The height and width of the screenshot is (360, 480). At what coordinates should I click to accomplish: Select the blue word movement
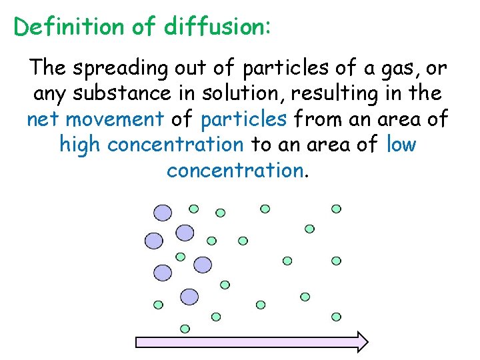click(115, 120)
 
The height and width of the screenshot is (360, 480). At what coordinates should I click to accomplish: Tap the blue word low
click(401, 145)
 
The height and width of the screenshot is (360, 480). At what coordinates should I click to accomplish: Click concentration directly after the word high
click(177, 145)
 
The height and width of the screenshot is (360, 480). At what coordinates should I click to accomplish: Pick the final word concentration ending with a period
click(235, 171)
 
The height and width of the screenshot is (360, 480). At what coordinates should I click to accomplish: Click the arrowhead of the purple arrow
click(360, 341)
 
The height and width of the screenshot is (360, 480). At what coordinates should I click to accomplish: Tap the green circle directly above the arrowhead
click(336, 317)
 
